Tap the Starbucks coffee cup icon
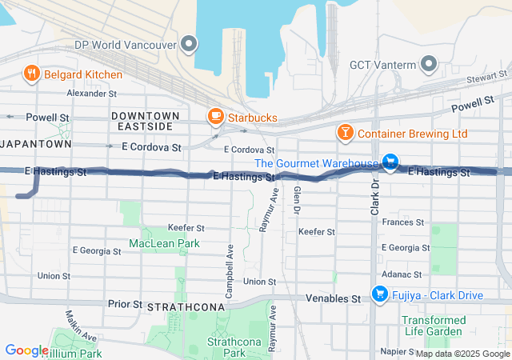215,118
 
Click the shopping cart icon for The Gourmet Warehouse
390,163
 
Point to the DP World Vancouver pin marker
189,44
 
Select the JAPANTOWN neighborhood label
37,144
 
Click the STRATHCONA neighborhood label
177,306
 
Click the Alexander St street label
92,94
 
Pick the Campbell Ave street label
230,271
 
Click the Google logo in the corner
26,350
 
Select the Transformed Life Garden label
432,326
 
